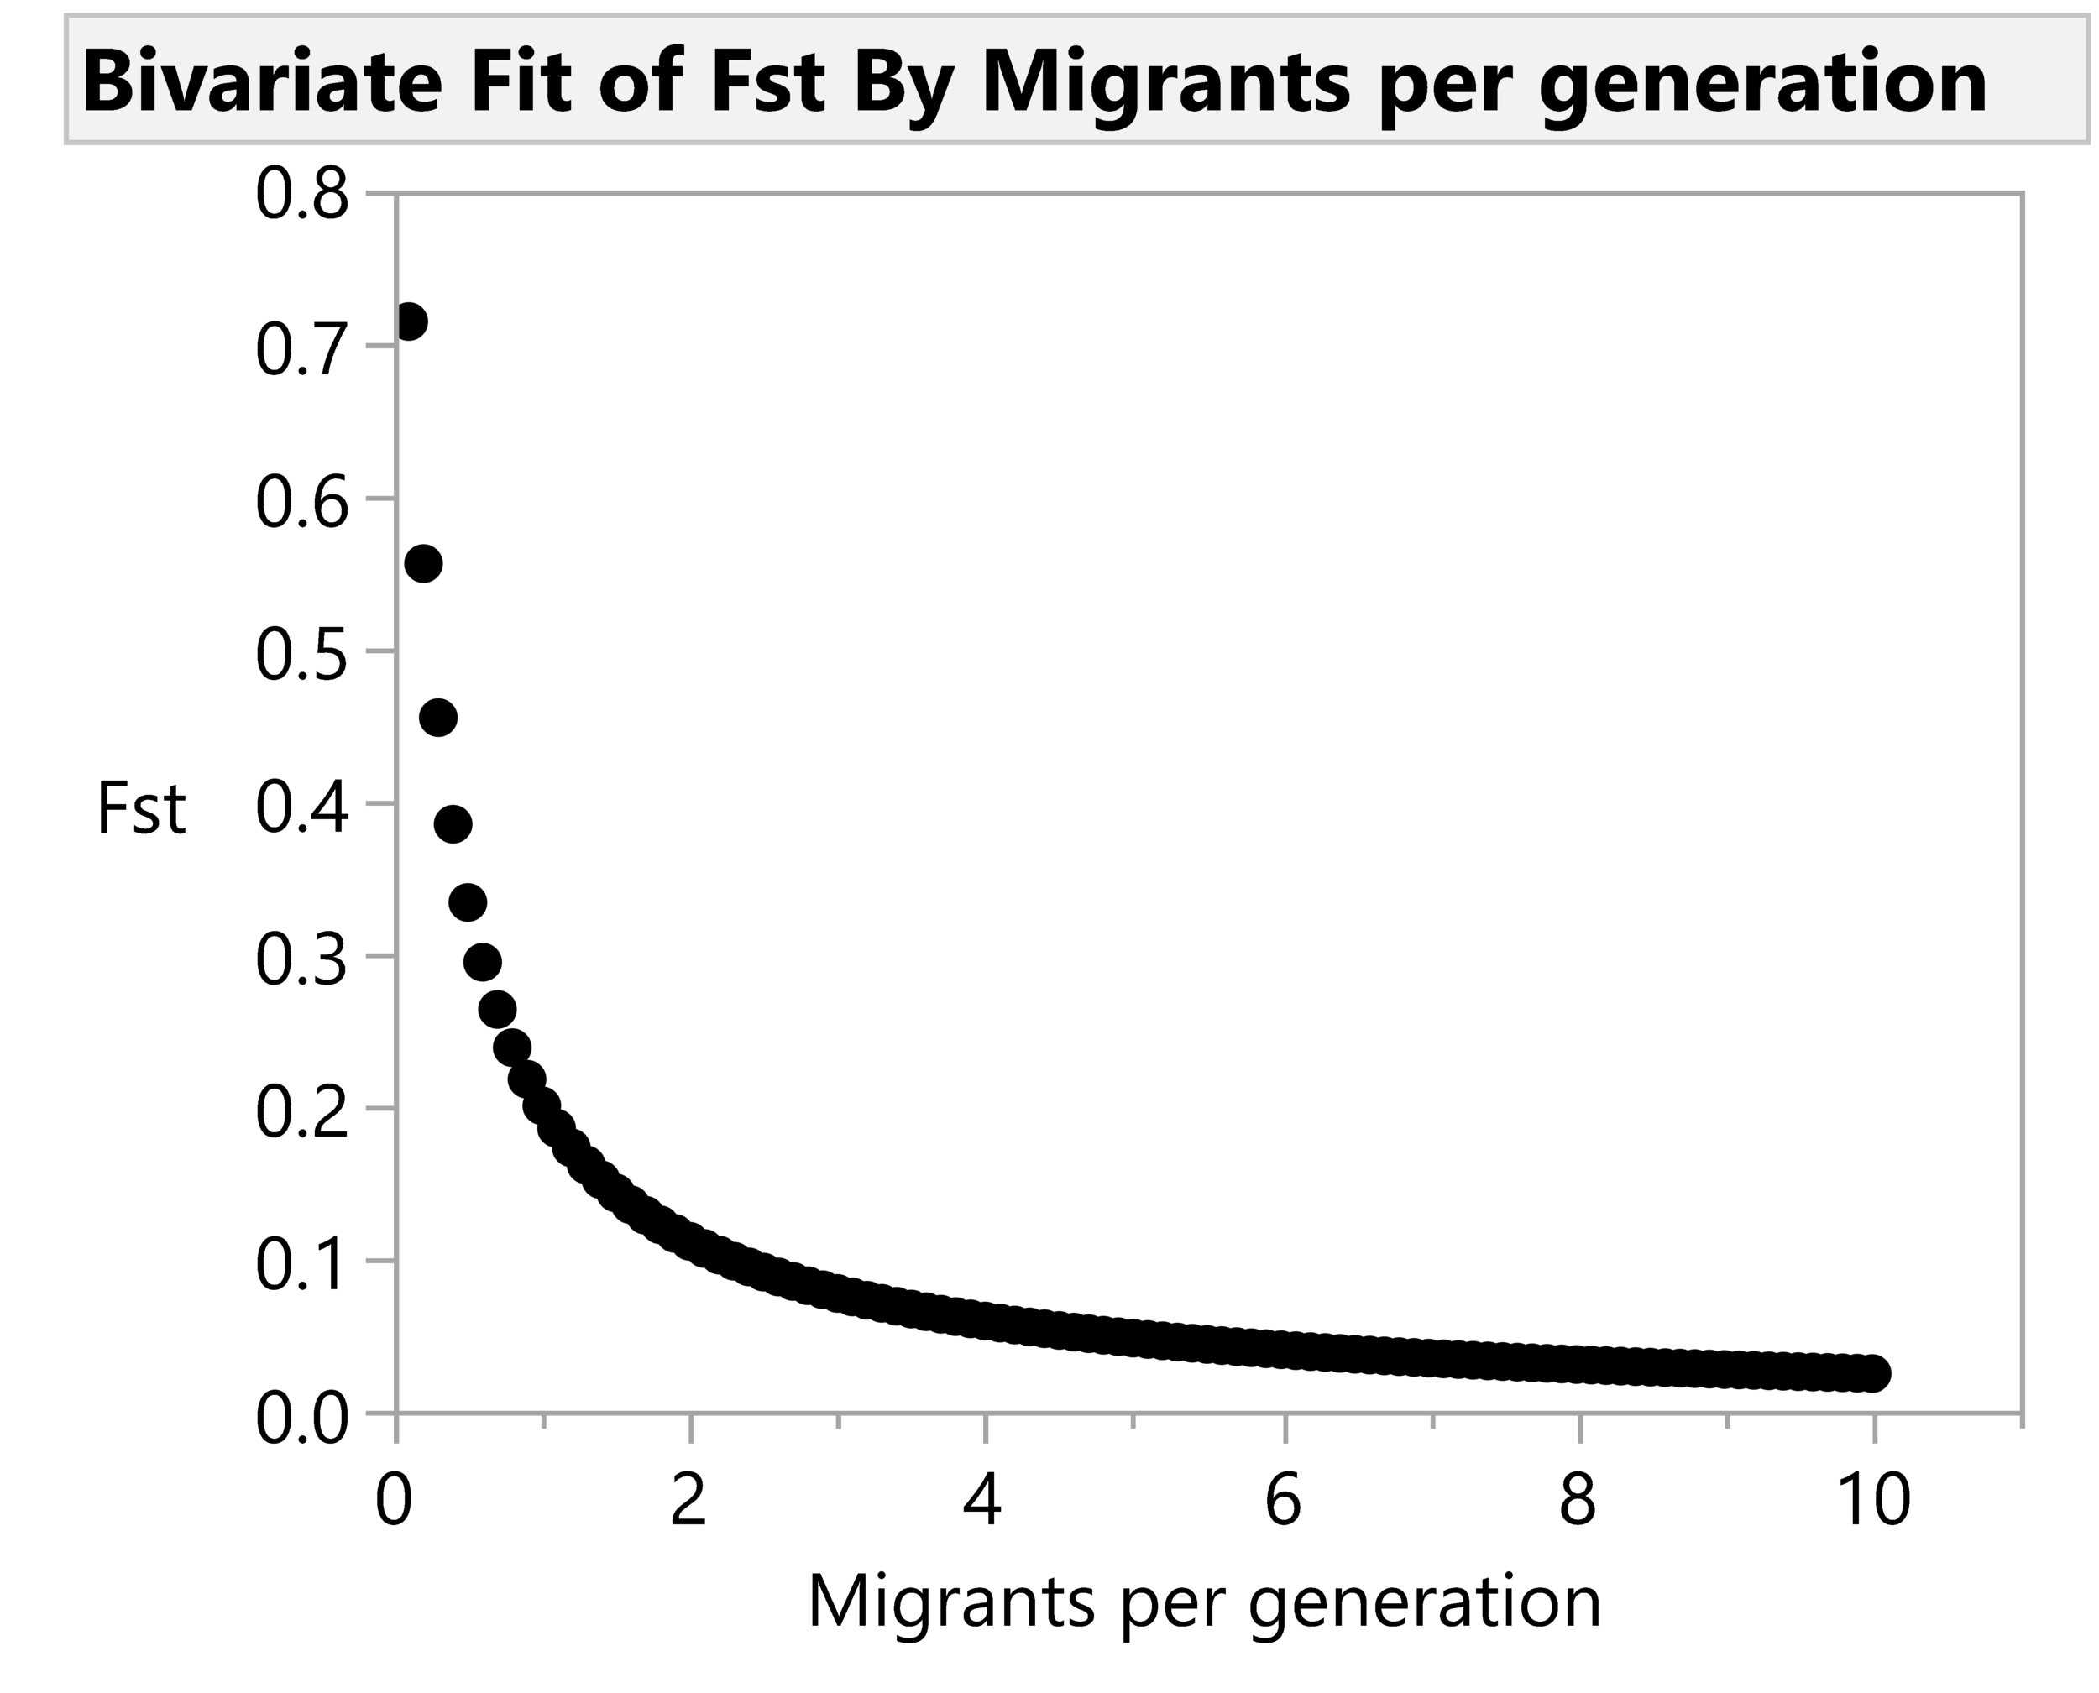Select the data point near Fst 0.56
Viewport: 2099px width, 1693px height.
tap(423, 564)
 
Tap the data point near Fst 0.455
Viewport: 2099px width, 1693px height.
tap(438, 718)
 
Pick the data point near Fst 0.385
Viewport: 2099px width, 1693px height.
tap(453, 823)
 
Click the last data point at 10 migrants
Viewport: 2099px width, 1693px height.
tap(1871, 1373)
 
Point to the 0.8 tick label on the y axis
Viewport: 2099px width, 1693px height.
tap(301, 195)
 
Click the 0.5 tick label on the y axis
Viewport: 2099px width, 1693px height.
tap(301, 653)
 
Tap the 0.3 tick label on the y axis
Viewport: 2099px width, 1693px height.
tap(301, 959)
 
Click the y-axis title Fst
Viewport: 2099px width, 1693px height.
tap(141, 808)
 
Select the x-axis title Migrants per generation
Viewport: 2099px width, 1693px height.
tap(1205, 1602)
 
